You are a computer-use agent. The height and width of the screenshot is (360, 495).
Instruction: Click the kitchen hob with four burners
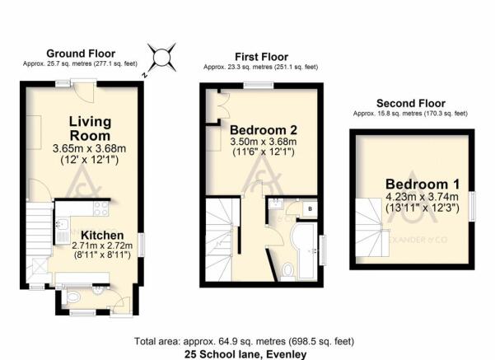[100, 208]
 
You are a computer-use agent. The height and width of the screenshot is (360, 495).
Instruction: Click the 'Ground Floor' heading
[80, 52]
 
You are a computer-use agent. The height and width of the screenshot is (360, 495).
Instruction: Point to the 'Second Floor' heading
[405, 103]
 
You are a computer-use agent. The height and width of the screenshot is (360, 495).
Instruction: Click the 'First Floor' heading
[259, 58]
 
